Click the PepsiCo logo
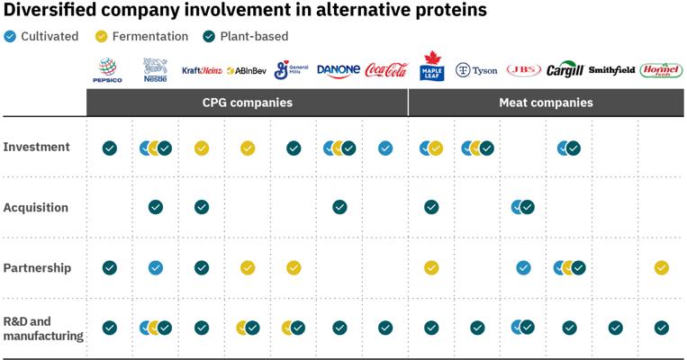[107, 70]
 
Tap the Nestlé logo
[155, 70]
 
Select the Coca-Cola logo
[386, 70]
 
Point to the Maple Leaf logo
[432, 66]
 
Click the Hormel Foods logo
[661, 70]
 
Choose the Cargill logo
[565, 69]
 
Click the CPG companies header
[247, 103]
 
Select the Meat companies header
[546, 103]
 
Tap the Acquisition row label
[36, 207]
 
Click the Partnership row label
[37, 267]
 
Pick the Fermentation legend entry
[141, 36]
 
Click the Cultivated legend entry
[41, 36]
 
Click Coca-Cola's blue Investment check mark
[385, 148]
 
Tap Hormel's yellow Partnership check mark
[662, 267]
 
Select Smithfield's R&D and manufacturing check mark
[616, 328]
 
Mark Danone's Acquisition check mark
[339, 207]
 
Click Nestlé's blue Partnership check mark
[156, 267]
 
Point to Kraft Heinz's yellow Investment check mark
[202, 148]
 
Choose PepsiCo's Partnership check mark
[110, 267]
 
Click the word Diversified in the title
[50, 10]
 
